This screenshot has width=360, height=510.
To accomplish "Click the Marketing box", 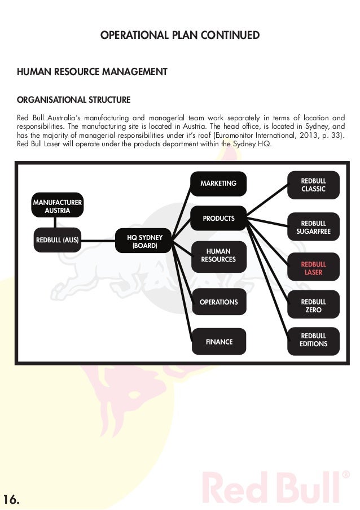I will tap(218, 184).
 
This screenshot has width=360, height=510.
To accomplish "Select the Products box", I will tap(218, 218).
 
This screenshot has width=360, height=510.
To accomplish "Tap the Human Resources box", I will tap(218, 255).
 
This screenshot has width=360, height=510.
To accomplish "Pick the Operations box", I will tap(218, 302).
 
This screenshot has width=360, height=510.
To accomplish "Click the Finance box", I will tap(218, 342).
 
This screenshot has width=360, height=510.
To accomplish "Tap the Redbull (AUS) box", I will tap(57, 239).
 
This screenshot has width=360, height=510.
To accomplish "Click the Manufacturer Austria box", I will tap(57, 206).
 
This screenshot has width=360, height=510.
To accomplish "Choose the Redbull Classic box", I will tap(313, 185).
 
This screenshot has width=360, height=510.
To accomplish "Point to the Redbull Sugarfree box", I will tap(313, 228).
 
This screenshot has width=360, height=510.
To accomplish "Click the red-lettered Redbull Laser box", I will tap(313, 268).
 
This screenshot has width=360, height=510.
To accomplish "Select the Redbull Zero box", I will tap(313, 306).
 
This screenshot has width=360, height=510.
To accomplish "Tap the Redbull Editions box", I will tap(313, 340).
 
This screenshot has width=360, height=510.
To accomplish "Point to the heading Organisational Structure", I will tap(73, 100).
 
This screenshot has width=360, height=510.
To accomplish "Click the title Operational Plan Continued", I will tap(179, 36).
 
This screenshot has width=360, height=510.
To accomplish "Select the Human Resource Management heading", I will tap(92, 72).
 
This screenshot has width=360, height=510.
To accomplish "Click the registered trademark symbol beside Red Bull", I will tap(346, 476).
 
